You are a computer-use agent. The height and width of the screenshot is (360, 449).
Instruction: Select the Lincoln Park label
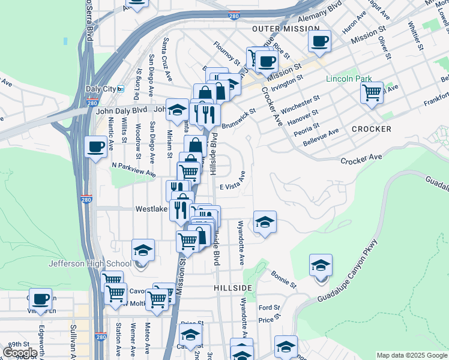349,79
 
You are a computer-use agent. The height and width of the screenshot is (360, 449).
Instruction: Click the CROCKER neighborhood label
372,129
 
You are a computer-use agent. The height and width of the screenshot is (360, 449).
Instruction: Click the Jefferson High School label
90,263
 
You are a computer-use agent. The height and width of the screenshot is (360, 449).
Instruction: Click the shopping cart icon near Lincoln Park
372,93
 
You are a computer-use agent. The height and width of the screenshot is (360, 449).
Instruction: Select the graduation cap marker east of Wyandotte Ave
265,222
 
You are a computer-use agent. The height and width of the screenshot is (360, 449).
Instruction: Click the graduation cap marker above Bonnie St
321,265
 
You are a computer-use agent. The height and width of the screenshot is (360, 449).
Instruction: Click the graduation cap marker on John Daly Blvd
177,109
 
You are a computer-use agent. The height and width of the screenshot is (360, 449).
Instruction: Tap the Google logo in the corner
20,353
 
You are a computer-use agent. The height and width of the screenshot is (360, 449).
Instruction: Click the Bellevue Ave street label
320,135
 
